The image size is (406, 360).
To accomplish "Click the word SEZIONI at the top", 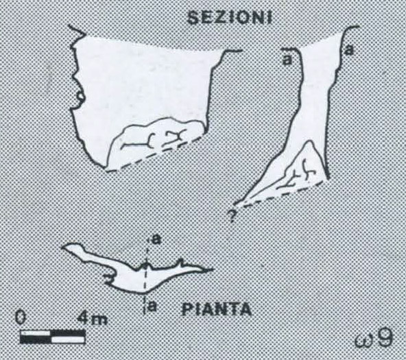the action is point(230,18).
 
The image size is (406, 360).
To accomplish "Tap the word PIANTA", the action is point(217,309).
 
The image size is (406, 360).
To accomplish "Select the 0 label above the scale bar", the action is point(20,317).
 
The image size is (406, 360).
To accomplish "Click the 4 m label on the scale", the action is point(93,319).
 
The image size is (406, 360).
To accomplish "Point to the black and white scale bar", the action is point(53,337).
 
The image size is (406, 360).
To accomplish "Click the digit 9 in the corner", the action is point(385,339).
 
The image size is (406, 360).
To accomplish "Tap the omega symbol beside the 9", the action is point(365,341).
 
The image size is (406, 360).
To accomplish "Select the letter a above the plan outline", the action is point(156,241).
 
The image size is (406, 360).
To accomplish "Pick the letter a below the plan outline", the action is point(153,307).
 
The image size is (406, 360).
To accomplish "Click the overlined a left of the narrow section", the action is point(287,58).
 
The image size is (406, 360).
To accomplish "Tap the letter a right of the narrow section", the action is point(349,50).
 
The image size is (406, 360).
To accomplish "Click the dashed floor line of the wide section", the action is point(154,154).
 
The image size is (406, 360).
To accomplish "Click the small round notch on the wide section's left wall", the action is point(80,97).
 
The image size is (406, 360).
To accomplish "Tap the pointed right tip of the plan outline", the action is point(213,270).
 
